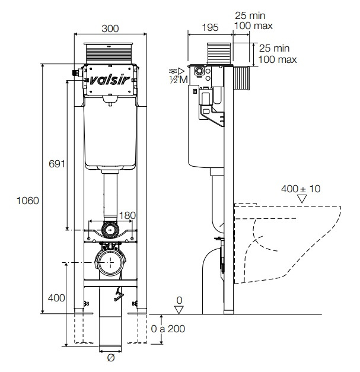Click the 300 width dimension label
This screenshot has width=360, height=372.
coord(110,28)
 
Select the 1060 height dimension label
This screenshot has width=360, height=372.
coord(27,201)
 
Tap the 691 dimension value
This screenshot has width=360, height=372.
coord(57,164)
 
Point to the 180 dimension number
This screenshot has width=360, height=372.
coord(128,215)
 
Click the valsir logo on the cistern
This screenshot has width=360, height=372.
coord(110,80)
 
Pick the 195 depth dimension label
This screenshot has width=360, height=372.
coord(210,27)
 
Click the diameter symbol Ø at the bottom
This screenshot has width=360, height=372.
coord(110,358)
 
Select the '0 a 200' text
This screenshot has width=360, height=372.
coord(168,329)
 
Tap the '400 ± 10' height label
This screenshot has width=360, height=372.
coord(301,189)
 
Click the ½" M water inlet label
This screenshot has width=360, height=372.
coord(179,80)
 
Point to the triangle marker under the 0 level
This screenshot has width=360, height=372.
coord(179,310)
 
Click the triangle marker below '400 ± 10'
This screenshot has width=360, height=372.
coord(302,199)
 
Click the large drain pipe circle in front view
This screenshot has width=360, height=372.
coord(110,262)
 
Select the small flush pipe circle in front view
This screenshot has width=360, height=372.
coord(110,230)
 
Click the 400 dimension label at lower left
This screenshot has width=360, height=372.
coord(56,298)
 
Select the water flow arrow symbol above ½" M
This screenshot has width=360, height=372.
coord(177,71)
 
